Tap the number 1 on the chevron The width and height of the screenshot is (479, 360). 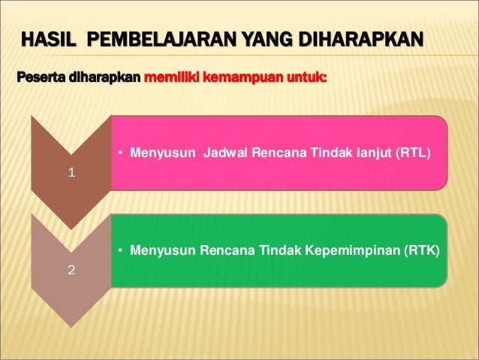[x=71, y=172]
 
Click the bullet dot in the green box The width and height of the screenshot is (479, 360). [x=121, y=251]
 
